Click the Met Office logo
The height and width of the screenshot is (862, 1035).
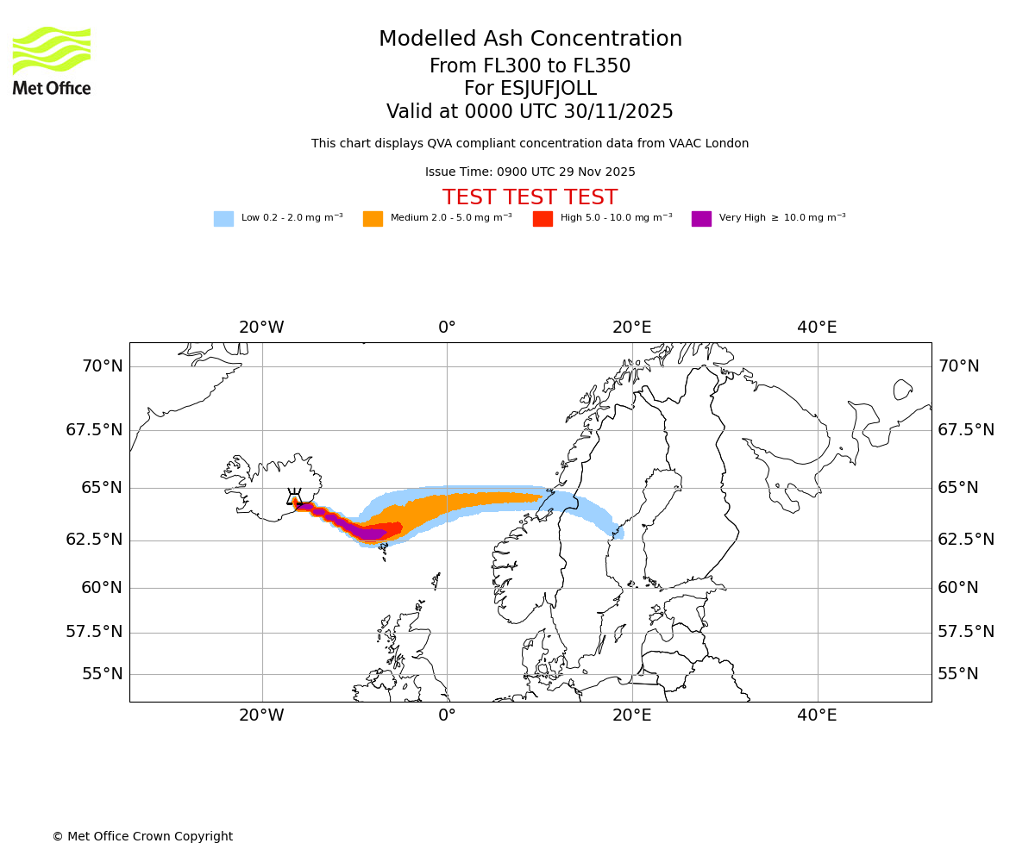(x=52, y=60)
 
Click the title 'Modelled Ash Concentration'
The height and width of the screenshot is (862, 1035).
(x=530, y=40)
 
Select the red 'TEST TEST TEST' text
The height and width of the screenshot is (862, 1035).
(x=530, y=197)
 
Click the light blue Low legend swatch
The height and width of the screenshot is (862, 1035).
(x=223, y=219)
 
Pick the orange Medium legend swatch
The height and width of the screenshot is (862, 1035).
(x=373, y=219)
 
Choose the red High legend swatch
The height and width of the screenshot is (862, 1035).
(x=543, y=219)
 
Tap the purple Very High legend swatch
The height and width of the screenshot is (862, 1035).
(x=701, y=219)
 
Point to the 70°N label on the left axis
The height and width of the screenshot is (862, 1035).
(x=102, y=366)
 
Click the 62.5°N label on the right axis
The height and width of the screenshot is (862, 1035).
(x=966, y=540)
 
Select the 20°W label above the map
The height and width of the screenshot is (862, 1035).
(x=261, y=328)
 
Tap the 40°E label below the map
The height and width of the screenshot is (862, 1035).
(x=817, y=715)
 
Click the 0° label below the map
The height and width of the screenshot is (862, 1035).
(x=447, y=715)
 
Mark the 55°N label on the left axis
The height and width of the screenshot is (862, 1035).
(x=102, y=674)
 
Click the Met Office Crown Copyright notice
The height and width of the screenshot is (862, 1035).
(x=142, y=837)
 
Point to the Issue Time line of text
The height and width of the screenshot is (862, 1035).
(x=530, y=172)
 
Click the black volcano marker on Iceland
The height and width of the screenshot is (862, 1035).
(x=294, y=497)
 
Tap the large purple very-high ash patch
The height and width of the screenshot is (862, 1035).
(x=371, y=534)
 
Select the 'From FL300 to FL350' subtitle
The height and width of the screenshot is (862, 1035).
(x=530, y=66)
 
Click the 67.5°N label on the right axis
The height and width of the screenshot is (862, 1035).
(x=966, y=430)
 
